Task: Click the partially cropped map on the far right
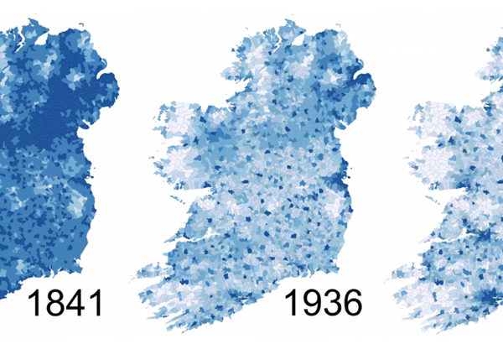pos(457,185)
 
